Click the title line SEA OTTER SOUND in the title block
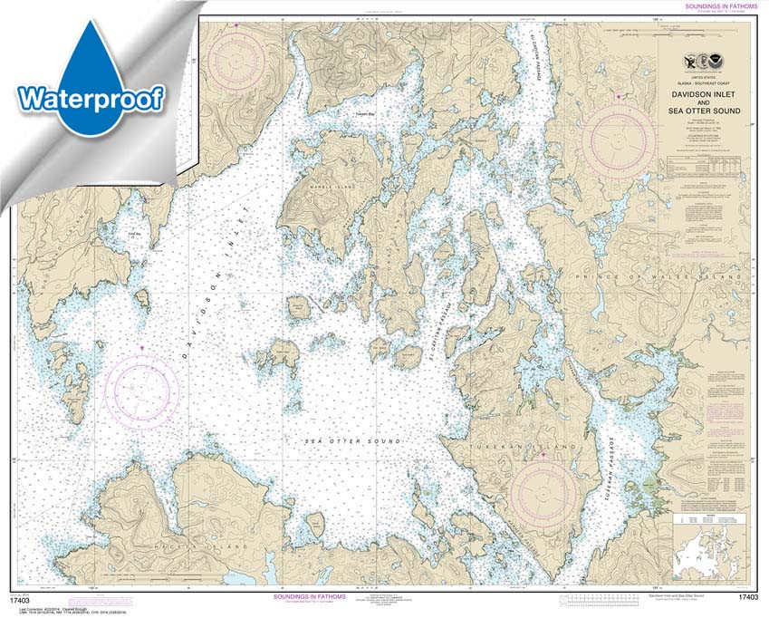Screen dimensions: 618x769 tap(706, 111)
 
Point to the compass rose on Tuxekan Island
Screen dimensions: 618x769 tap(543, 495)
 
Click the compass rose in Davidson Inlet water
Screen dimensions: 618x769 tap(141, 390)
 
